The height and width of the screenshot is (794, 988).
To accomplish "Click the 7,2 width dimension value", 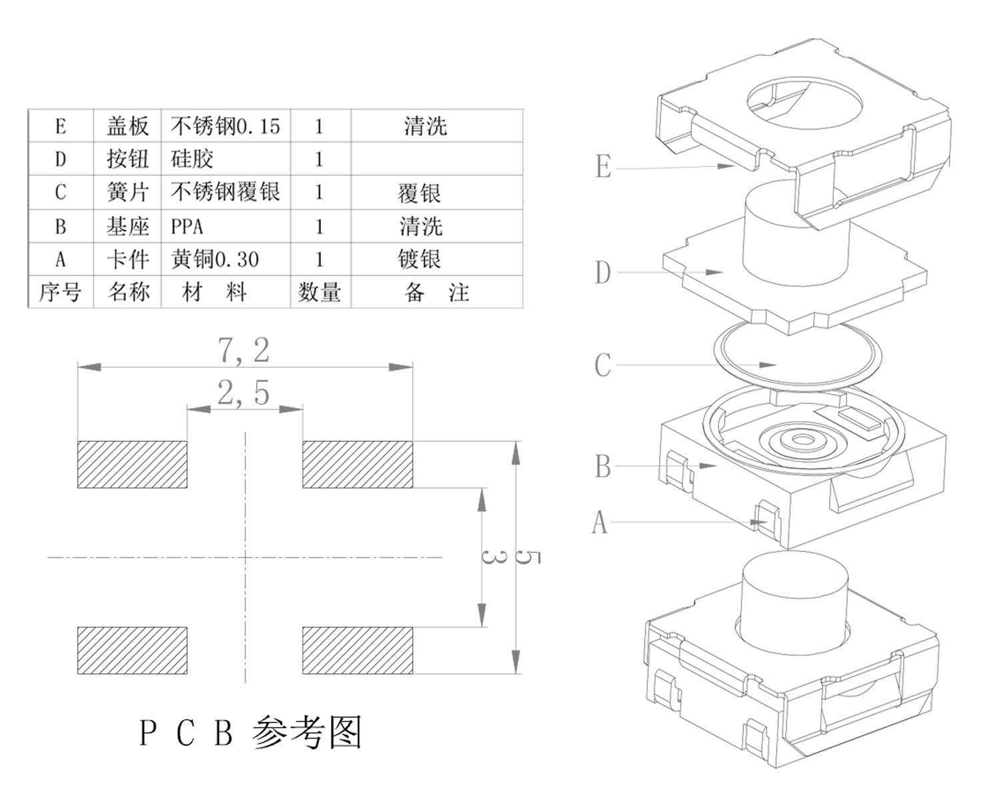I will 244,351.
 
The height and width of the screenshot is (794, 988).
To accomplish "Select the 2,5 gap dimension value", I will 243,393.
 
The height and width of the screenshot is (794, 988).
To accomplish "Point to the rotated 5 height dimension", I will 528,557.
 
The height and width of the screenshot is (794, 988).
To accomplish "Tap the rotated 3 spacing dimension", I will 494,556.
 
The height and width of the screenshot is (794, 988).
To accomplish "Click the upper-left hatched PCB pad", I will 132,464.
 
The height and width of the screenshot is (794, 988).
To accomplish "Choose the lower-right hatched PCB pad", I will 358,650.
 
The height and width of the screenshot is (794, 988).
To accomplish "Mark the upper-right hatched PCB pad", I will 358,464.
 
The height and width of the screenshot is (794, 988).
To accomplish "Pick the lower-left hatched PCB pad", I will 132,650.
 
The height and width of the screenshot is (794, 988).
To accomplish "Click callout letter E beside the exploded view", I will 603,167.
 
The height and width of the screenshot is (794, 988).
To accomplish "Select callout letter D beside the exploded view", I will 602,273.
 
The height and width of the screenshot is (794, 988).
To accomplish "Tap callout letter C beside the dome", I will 602,365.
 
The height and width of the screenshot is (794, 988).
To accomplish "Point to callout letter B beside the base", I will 602,467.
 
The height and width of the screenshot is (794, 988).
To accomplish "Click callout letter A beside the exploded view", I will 600,522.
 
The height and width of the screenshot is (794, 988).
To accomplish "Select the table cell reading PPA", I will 187,227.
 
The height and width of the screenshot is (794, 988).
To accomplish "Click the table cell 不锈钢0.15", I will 225,126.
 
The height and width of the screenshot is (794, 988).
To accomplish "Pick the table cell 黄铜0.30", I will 215,259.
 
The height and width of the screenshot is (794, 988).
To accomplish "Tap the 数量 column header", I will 320,292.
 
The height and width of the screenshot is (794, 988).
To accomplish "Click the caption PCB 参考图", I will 251,732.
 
